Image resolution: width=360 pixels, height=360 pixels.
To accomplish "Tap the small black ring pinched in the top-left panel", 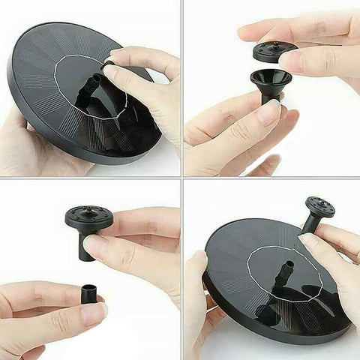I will tap(109, 65).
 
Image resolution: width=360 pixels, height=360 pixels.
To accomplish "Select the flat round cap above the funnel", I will tap(273, 52).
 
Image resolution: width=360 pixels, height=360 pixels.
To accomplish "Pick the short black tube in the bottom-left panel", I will tap(91, 295).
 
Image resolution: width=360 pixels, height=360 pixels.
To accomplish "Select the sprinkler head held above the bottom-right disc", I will tap(319, 206).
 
